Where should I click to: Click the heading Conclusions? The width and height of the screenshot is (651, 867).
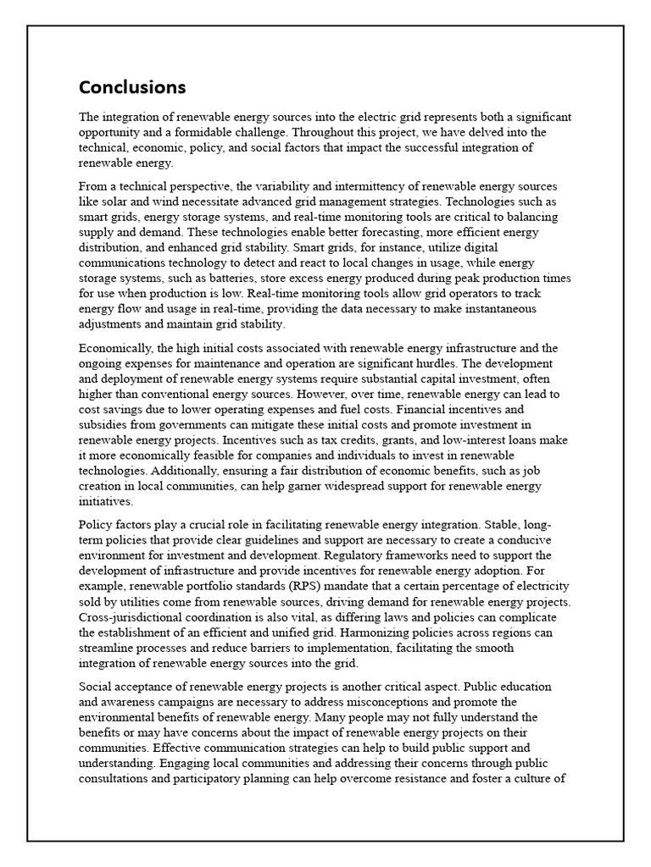pos(132,87)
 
